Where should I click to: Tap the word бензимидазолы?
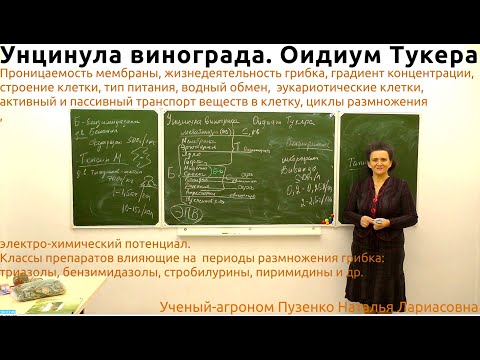115,272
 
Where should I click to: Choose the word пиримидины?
298,272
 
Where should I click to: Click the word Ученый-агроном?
205,308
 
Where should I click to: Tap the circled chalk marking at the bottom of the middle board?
183,213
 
